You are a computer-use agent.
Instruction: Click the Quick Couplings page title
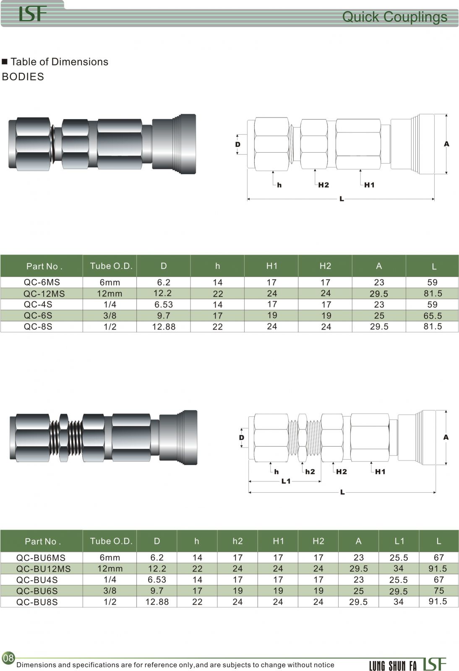(x=394, y=17)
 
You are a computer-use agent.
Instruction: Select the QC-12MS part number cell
(x=44, y=294)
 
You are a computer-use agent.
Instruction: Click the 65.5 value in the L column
(x=433, y=316)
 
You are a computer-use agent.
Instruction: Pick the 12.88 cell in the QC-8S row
(x=164, y=327)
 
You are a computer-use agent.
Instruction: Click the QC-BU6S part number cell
(x=37, y=591)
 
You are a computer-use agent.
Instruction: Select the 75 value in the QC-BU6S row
(x=438, y=591)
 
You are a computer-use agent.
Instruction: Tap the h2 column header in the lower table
(x=237, y=541)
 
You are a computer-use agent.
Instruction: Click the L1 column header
(x=399, y=541)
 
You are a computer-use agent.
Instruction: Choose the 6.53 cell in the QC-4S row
(x=164, y=304)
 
